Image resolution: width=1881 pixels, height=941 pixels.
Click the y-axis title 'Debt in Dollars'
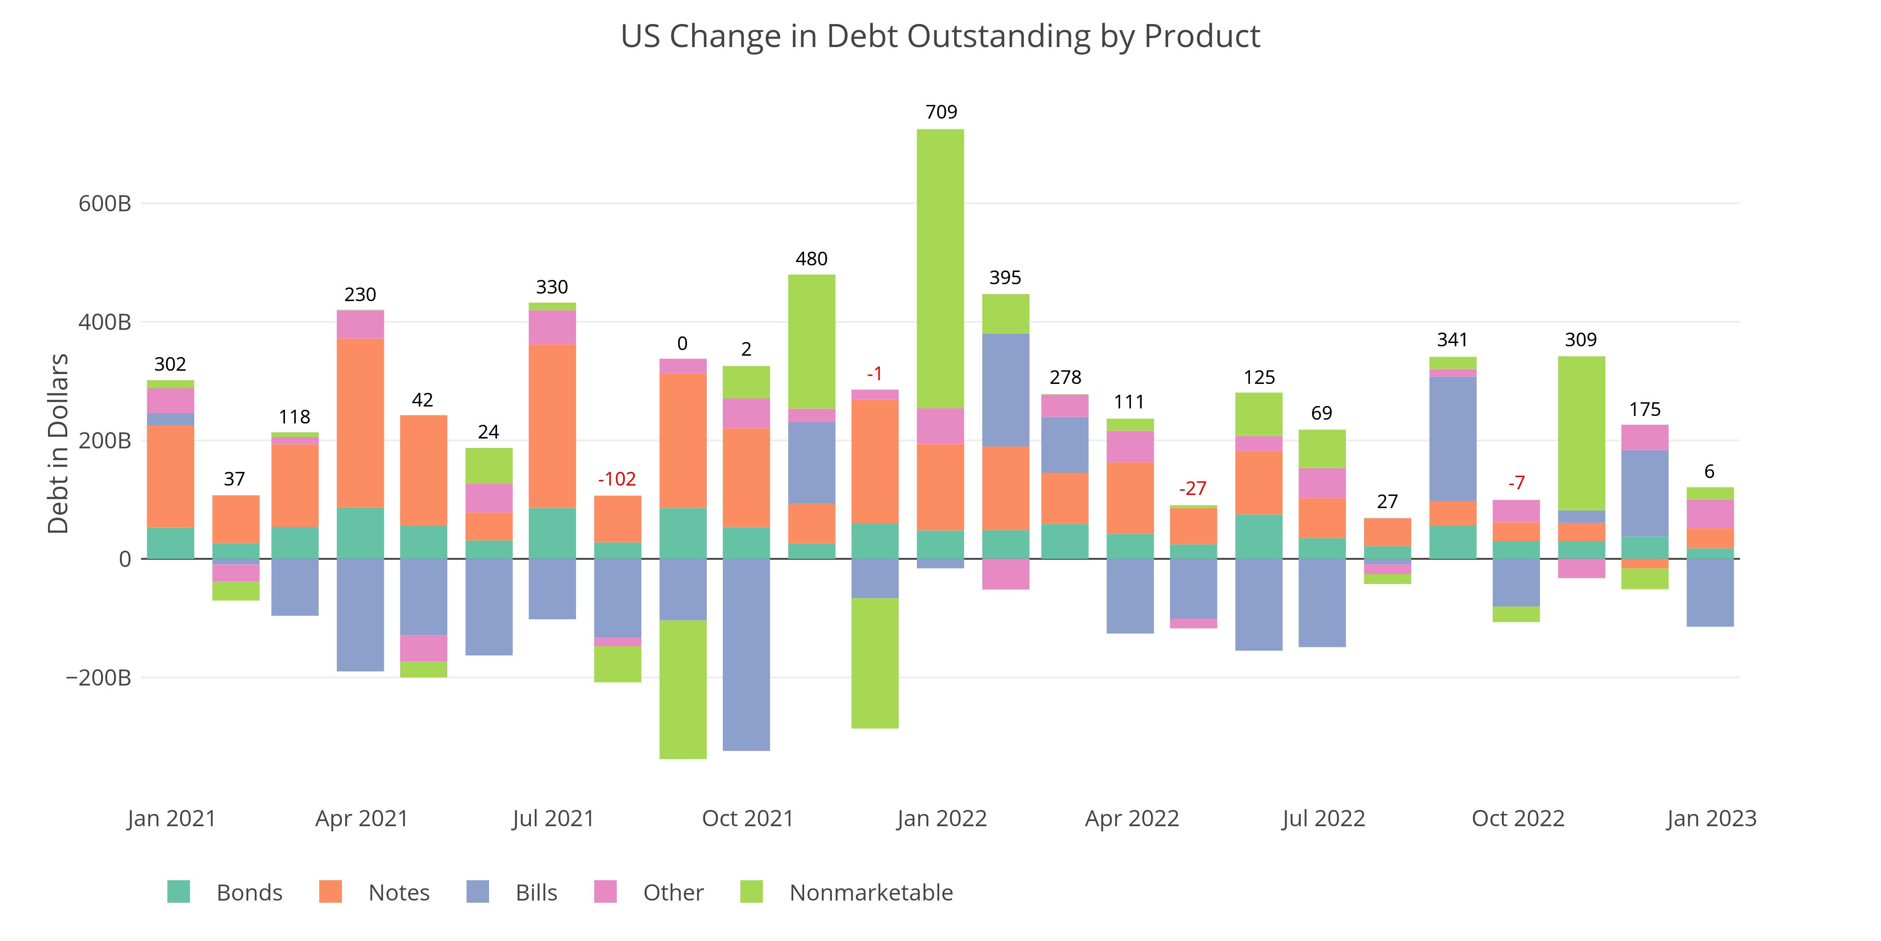(58, 444)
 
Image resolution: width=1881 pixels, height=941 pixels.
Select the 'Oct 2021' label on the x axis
(748, 818)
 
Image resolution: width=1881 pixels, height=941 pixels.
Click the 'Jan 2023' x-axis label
(1711, 818)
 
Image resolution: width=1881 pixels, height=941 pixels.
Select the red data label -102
(617, 479)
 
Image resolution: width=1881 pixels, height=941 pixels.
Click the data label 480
(811, 259)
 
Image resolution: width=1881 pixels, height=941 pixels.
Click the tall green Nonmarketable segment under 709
(940, 268)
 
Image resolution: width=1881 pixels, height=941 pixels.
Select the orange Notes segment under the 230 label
(360, 423)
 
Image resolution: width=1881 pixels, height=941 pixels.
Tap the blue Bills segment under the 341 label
(1453, 439)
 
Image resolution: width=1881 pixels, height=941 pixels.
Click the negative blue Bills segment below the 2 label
(746, 654)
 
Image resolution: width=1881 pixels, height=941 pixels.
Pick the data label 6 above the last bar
(1709, 471)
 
